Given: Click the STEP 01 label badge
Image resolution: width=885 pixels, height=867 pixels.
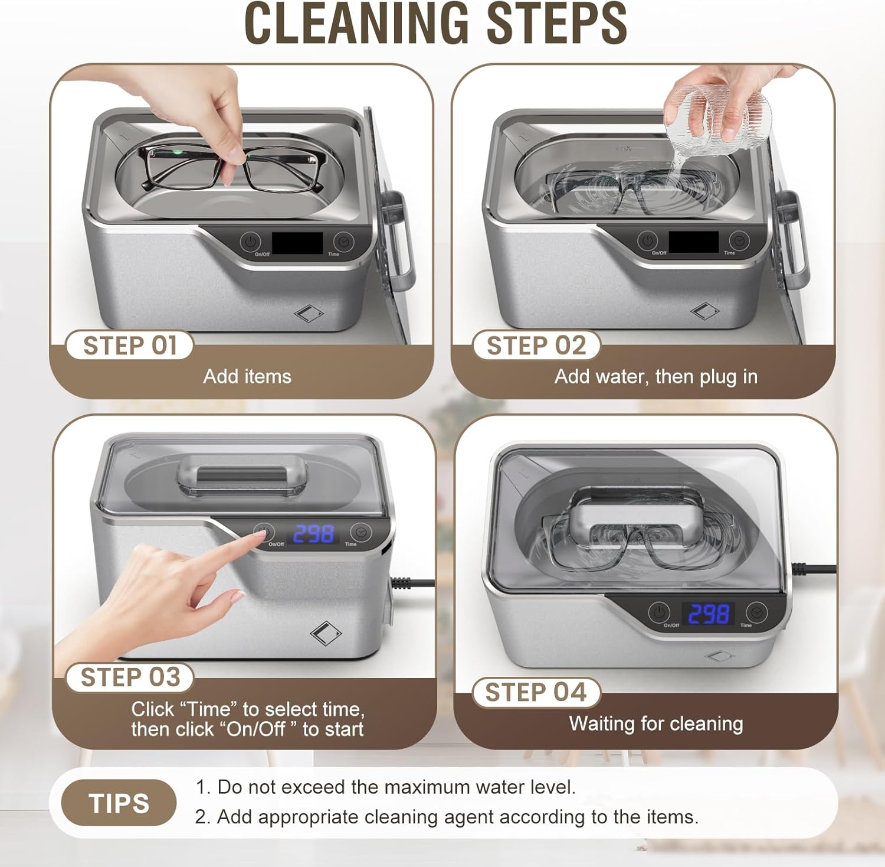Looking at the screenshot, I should coord(129,346).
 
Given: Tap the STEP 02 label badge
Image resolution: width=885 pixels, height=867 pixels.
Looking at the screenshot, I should coord(536,346).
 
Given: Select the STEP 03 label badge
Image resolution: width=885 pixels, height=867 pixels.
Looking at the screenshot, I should coord(129,677).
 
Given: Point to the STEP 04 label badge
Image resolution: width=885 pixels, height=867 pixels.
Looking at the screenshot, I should coord(536,692).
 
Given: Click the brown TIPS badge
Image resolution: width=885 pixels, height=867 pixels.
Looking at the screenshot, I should coord(119,803).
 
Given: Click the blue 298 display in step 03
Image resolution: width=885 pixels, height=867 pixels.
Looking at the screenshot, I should coord(313,534).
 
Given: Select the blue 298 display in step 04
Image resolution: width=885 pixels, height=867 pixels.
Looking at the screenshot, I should coord(708,614).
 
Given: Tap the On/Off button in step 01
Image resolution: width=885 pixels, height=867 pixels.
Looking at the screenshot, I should coord(251,242).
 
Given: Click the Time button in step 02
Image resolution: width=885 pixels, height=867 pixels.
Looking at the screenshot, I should coord(738,240).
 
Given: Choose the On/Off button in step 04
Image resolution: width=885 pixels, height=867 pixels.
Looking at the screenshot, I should coord(659,612).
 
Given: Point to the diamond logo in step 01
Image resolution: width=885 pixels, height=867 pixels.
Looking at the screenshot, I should coord(309,313).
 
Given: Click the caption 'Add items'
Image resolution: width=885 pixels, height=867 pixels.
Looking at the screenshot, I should coord(247,376).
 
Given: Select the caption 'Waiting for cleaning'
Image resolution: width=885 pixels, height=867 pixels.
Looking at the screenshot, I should coord(655,723).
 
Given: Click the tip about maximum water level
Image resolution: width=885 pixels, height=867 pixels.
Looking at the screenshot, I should coord(385,787).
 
